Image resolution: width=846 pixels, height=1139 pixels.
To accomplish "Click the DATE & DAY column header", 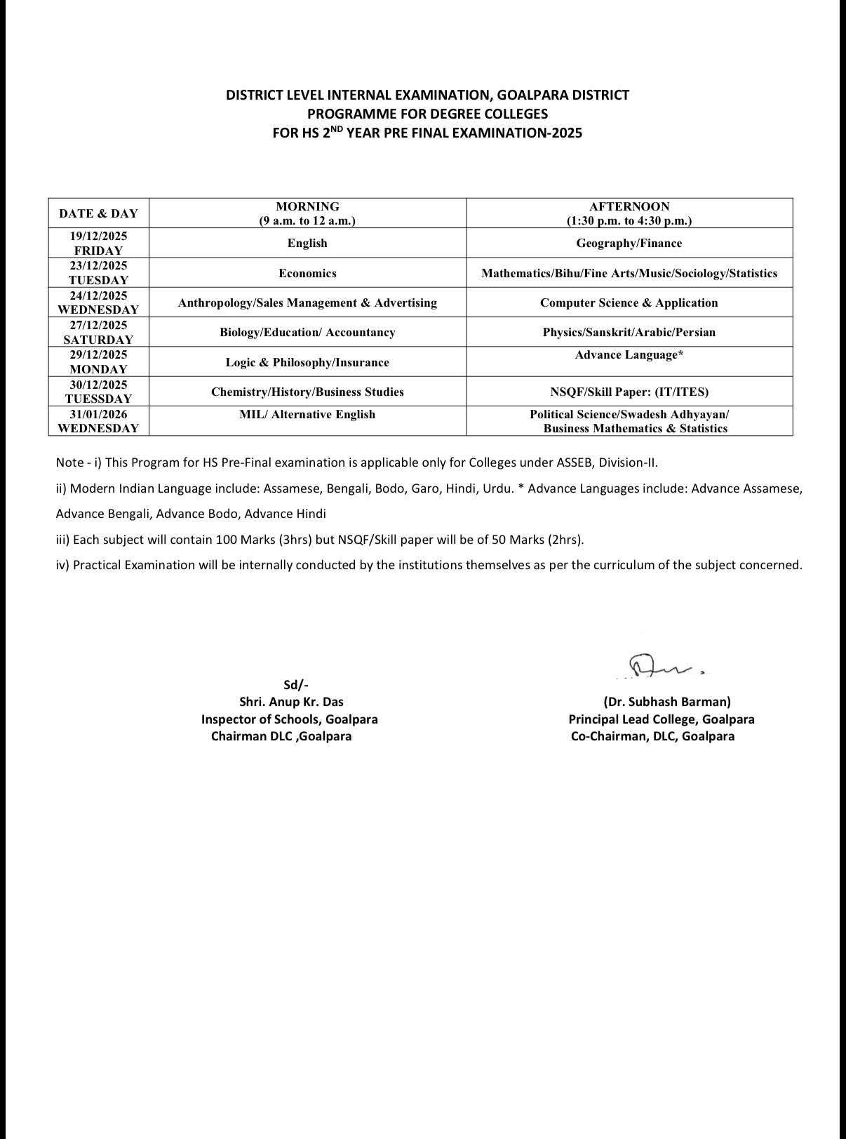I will click(98, 213).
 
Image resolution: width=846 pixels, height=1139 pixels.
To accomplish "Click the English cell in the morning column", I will click(307, 244).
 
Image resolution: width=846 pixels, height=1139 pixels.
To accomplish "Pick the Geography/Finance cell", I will click(629, 244).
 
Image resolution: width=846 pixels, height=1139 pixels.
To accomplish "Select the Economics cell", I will click(307, 274).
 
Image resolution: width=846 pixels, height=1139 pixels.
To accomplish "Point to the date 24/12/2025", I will click(98, 295).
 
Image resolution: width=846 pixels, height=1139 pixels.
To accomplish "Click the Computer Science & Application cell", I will click(629, 303).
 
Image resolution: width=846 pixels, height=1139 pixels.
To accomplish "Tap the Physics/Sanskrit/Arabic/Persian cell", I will click(629, 333).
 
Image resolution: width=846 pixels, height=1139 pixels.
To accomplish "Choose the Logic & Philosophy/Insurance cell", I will click(307, 363).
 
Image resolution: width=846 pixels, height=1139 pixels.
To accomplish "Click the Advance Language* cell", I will click(629, 355).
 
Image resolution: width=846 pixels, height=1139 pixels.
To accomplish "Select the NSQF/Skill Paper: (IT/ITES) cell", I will click(629, 392).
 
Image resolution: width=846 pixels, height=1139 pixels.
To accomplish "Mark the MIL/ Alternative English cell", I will click(307, 415).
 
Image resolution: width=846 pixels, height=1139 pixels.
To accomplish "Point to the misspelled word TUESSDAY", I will click(98, 399).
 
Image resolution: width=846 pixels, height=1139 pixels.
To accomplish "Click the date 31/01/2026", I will click(98, 414).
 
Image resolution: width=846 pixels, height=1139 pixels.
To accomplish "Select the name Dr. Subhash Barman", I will click(667, 702).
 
